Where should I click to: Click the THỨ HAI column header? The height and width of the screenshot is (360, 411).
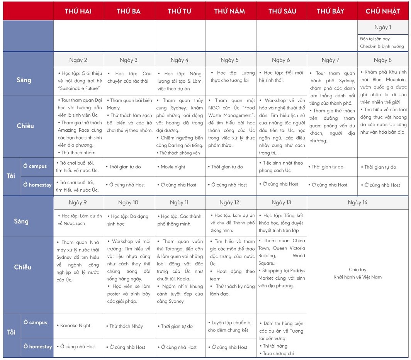point(78,11)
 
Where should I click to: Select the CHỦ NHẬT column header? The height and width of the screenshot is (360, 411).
point(382,11)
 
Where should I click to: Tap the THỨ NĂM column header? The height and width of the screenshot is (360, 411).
point(229,11)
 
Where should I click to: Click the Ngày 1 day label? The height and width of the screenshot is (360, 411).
point(382,27)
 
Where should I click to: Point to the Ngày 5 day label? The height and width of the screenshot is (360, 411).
point(229,60)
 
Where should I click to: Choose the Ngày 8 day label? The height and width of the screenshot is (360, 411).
point(382,60)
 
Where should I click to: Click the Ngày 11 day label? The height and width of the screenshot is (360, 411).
point(179,202)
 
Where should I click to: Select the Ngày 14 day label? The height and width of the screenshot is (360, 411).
point(357,202)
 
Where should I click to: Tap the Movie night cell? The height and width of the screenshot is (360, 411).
point(173,167)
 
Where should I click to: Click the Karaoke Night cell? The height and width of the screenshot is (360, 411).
point(75,326)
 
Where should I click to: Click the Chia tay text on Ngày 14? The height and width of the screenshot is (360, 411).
point(357,270)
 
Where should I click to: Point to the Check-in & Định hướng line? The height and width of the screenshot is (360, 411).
point(382,46)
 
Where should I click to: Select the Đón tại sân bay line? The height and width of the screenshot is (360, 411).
point(375,39)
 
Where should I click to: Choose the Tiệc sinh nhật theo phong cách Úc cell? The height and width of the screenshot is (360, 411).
point(281,166)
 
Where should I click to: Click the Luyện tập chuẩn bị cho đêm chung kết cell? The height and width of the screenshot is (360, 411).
point(230,326)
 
